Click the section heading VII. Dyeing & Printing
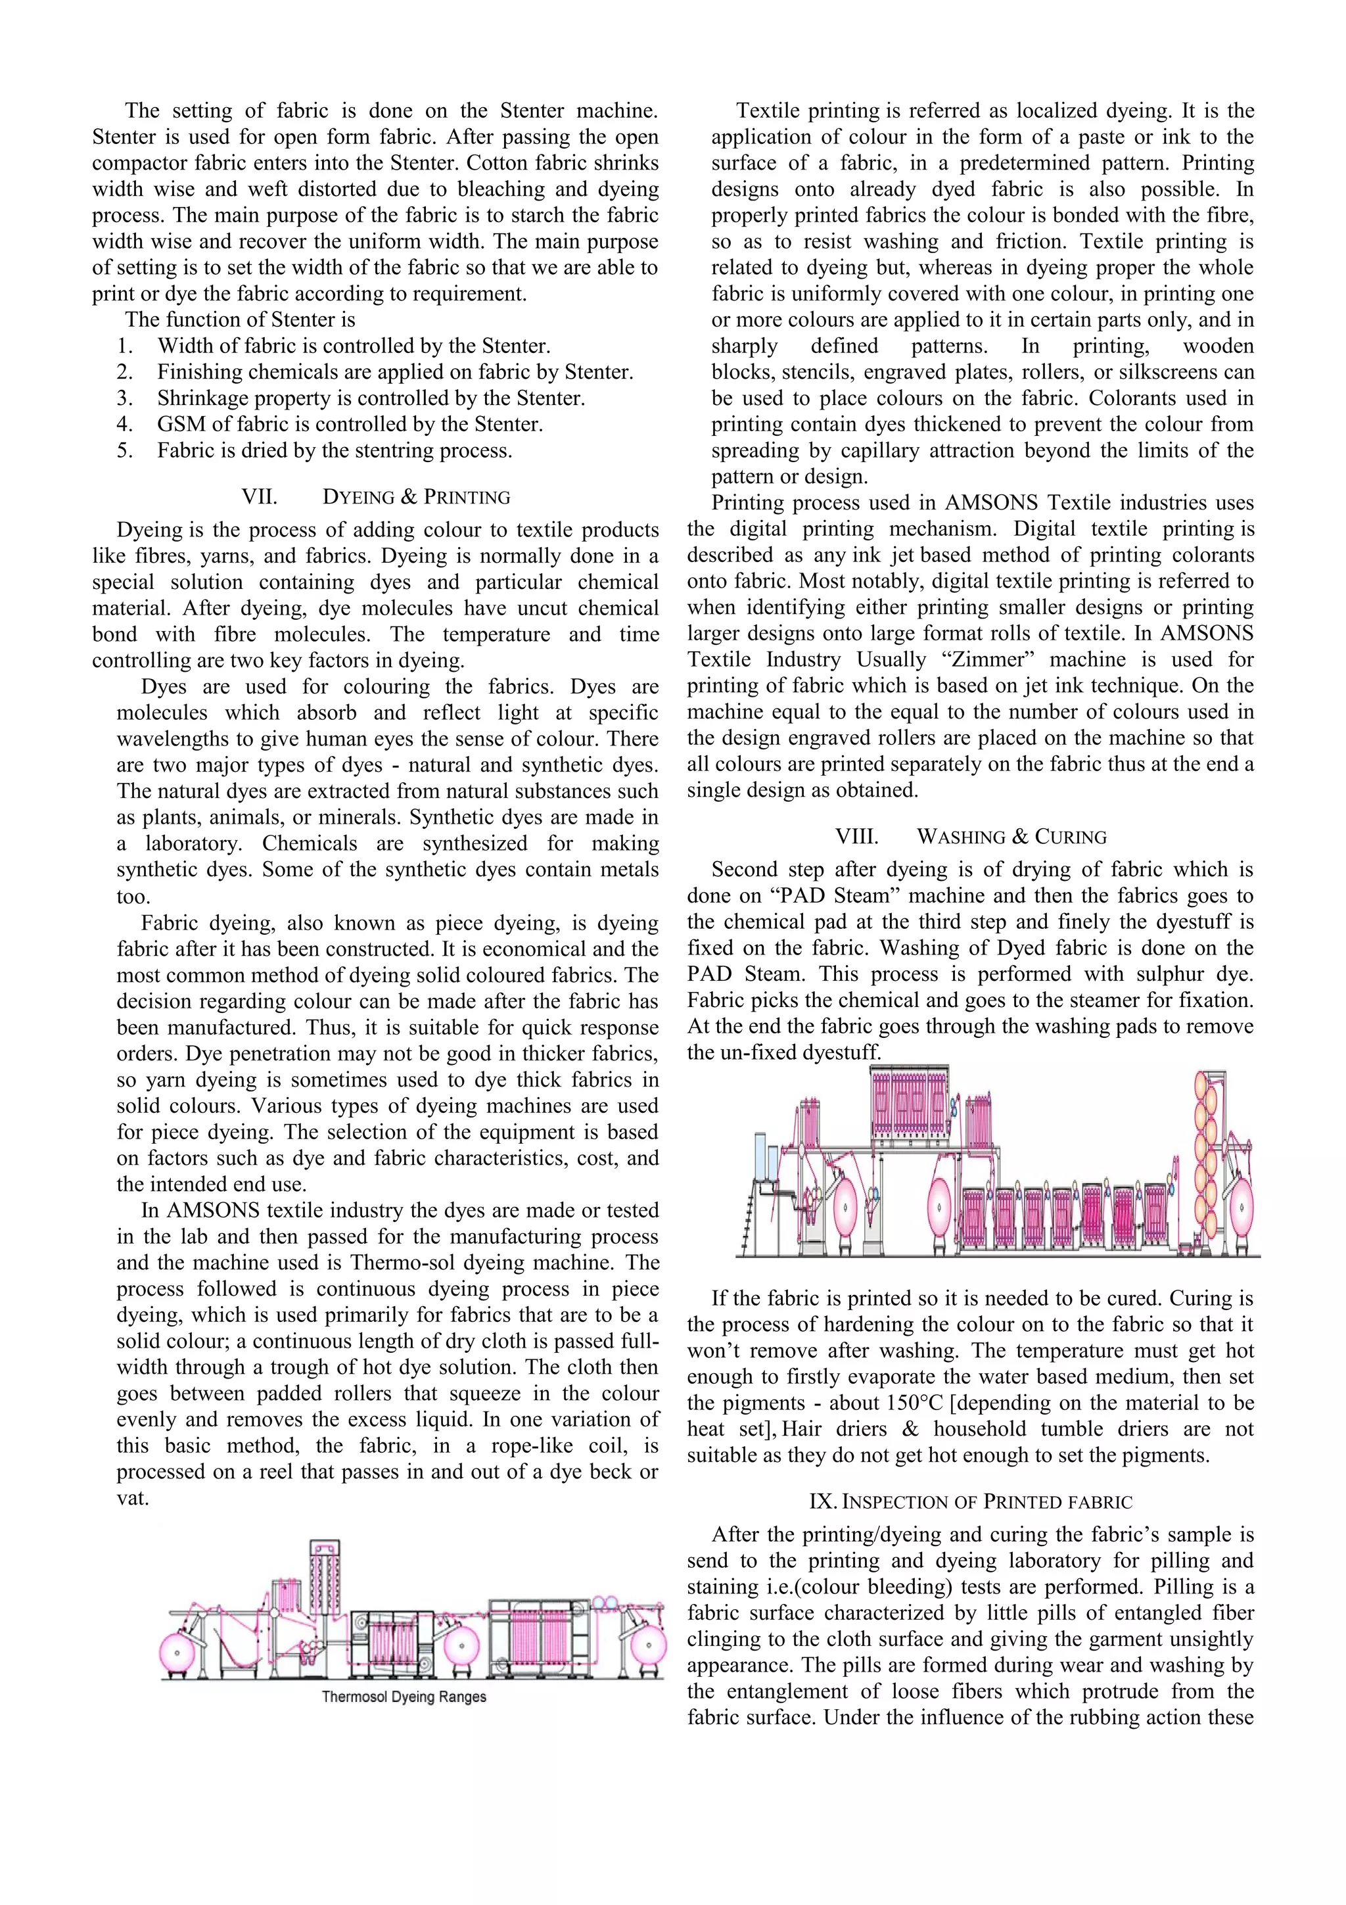(x=376, y=497)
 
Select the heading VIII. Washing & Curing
(x=970, y=836)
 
